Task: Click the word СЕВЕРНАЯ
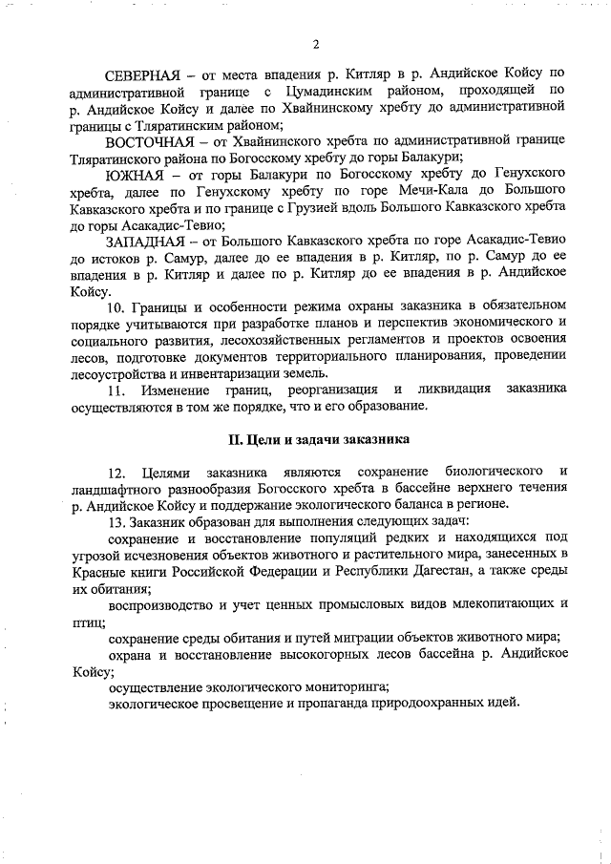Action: tap(142, 74)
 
